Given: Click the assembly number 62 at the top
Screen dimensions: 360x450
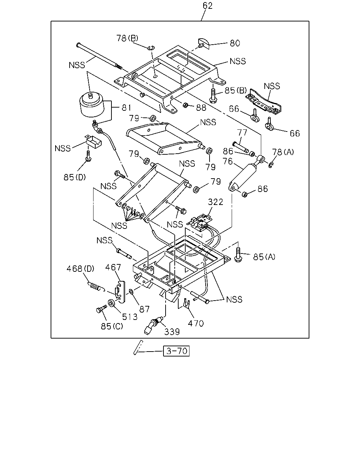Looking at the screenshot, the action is [207, 6].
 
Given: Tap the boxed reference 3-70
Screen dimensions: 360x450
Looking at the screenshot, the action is [176, 351].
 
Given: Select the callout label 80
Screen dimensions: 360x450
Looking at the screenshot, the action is [235, 43].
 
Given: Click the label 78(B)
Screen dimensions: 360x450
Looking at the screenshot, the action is [127, 38].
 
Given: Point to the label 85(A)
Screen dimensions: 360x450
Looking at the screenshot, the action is [264, 257].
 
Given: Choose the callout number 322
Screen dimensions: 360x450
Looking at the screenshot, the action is [216, 202].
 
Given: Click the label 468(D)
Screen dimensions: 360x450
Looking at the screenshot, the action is [80, 269].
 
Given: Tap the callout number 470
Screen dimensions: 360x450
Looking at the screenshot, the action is [196, 323].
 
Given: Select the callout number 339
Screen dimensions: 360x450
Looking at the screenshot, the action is [172, 332].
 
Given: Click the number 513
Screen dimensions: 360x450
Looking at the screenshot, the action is [130, 317].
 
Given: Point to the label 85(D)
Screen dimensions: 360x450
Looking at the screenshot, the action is [75, 177].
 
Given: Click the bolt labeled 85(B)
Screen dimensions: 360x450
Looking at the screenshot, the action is [213, 96].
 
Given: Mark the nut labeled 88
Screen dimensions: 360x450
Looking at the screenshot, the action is [185, 105].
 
